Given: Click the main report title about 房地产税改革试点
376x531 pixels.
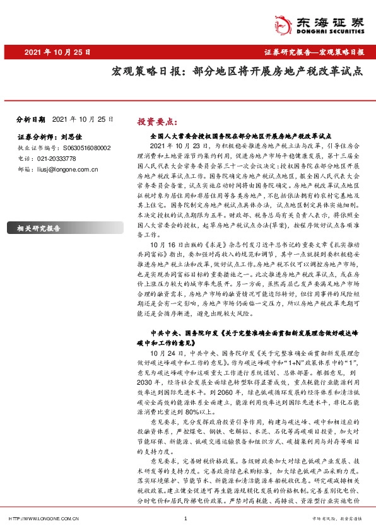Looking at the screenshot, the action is [228, 71].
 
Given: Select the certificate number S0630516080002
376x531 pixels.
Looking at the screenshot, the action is [78, 148].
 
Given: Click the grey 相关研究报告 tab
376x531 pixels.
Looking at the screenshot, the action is [39, 228].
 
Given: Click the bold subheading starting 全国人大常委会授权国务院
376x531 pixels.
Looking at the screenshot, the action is [241, 136].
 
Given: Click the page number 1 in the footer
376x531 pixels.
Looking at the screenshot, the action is [185, 518].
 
